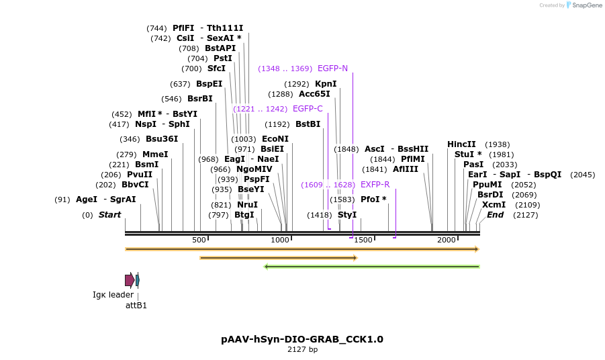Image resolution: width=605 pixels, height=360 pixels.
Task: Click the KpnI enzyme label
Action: (x=326, y=84)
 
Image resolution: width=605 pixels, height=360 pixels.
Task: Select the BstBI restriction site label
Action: (x=308, y=124)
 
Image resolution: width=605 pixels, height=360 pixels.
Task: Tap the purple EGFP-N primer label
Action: (x=332, y=69)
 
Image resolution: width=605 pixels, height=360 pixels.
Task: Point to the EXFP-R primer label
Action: (x=375, y=185)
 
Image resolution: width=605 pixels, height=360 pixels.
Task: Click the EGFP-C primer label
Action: (x=308, y=109)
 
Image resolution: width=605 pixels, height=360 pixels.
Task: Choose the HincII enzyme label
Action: (x=461, y=144)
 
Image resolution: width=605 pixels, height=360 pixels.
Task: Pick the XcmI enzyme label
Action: (x=494, y=205)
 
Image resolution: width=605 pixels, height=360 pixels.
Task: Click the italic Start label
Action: (x=109, y=215)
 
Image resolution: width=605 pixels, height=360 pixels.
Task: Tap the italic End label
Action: (x=495, y=215)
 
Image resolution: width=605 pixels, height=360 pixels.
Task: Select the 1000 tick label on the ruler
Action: (x=280, y=240)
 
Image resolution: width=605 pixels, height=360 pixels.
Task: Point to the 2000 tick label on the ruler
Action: (x=447, y=240)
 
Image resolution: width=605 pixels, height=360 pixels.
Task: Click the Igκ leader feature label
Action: (x=113, y=295)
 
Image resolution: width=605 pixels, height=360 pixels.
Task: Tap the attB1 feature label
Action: (x=136, y=306)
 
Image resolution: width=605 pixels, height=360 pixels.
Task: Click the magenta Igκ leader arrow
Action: (x=130, y=280)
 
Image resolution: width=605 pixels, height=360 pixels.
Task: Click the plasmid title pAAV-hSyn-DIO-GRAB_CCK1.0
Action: (x=302, y=339)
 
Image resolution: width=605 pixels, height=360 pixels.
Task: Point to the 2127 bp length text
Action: (x=302, y=350)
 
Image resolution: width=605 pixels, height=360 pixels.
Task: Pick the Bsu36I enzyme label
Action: (x=162, y=139)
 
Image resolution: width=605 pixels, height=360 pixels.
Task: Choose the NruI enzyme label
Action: (x=247, y=205)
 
